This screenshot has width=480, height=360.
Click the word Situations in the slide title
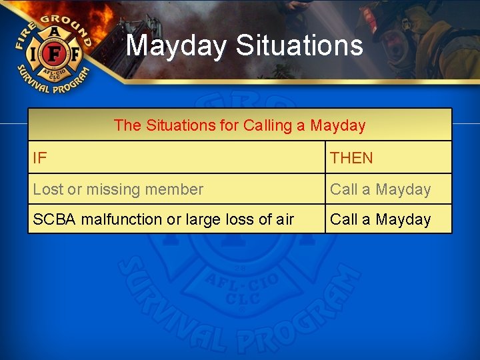[x=299, y=46]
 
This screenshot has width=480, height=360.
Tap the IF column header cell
[x=176, y=158]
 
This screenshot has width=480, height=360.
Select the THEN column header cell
[x=388, y=158]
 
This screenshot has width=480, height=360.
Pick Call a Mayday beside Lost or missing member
[x=381, y=189]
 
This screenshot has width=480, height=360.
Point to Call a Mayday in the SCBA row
[x=381, y=219]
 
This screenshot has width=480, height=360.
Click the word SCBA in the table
[x=55, y=219]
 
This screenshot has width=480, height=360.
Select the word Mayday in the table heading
[x=338, y=125]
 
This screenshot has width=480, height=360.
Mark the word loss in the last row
[x=243, y=219]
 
